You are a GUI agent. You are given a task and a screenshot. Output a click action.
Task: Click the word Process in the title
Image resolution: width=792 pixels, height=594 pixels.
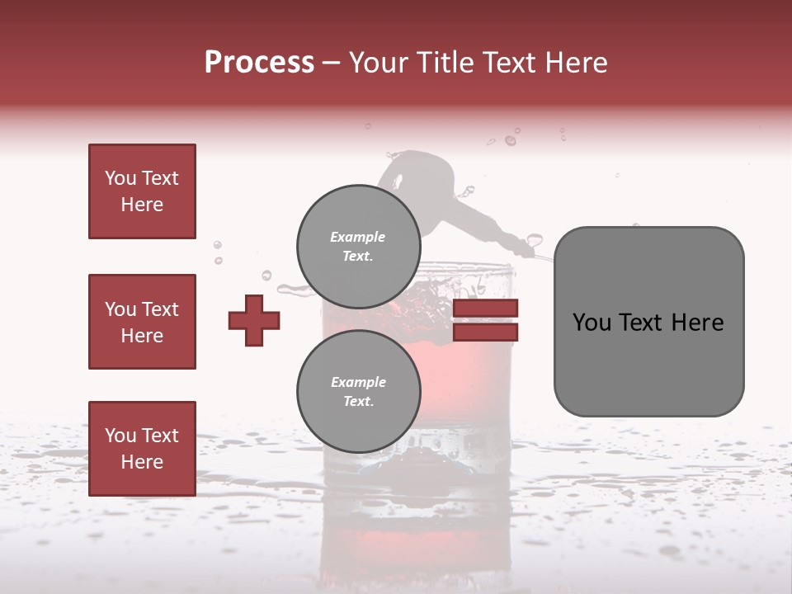[x=259, y=63]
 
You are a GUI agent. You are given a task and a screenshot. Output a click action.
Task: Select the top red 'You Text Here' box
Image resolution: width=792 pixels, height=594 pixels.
[x=142, y=191]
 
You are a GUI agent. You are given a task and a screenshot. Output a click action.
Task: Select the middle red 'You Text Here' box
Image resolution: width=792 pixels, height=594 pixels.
[x=142, y=322]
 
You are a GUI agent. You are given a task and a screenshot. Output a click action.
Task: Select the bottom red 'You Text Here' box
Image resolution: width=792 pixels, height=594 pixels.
[x=142, y=448]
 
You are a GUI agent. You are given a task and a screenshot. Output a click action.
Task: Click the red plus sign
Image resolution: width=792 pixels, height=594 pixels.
[x=254, y=320]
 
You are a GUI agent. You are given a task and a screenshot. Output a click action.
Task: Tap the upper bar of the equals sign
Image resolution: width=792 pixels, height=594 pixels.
[x=485, y=309]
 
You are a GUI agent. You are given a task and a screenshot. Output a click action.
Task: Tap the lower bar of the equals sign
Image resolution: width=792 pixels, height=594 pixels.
[x=485, y=332]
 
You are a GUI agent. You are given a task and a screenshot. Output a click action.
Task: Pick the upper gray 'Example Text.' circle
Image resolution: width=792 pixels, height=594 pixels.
[x=358, y=246]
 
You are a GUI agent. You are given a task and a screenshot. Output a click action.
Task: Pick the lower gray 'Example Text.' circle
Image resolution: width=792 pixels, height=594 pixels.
[x=358, y=392]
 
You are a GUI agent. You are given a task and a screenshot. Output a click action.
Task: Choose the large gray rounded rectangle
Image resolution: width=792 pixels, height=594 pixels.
[x=648, y=363]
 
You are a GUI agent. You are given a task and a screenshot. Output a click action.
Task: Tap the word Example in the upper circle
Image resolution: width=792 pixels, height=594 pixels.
[x=358, y=237]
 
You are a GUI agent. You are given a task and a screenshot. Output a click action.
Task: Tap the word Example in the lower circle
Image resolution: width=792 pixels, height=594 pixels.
[x=358, y=382]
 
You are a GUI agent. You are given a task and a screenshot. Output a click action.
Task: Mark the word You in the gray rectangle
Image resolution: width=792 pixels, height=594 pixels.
[x=592, y=323]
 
